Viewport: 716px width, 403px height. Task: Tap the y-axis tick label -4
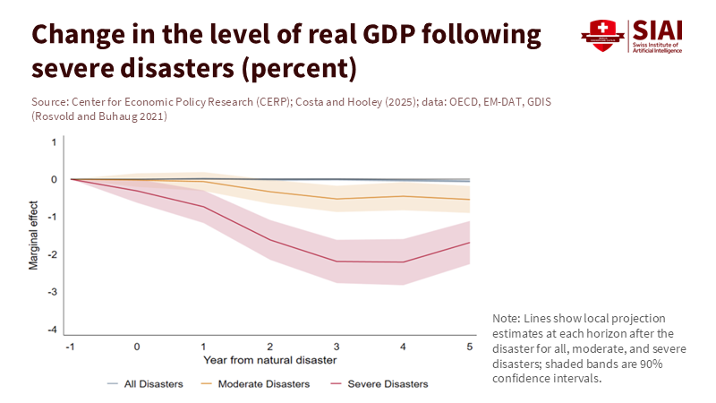[x=54, y=330]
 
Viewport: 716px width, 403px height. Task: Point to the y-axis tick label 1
[x=55, y=142]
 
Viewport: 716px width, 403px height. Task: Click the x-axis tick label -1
[x=71, y=346]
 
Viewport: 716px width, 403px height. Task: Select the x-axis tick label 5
[x=470, y=346]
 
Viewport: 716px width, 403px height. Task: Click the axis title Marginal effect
[x=34, y=236]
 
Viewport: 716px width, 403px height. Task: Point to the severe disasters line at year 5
[x=470, y=243]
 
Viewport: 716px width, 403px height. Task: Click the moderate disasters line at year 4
[x=404, y=196]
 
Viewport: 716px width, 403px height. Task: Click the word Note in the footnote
[x=505, y=319]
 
